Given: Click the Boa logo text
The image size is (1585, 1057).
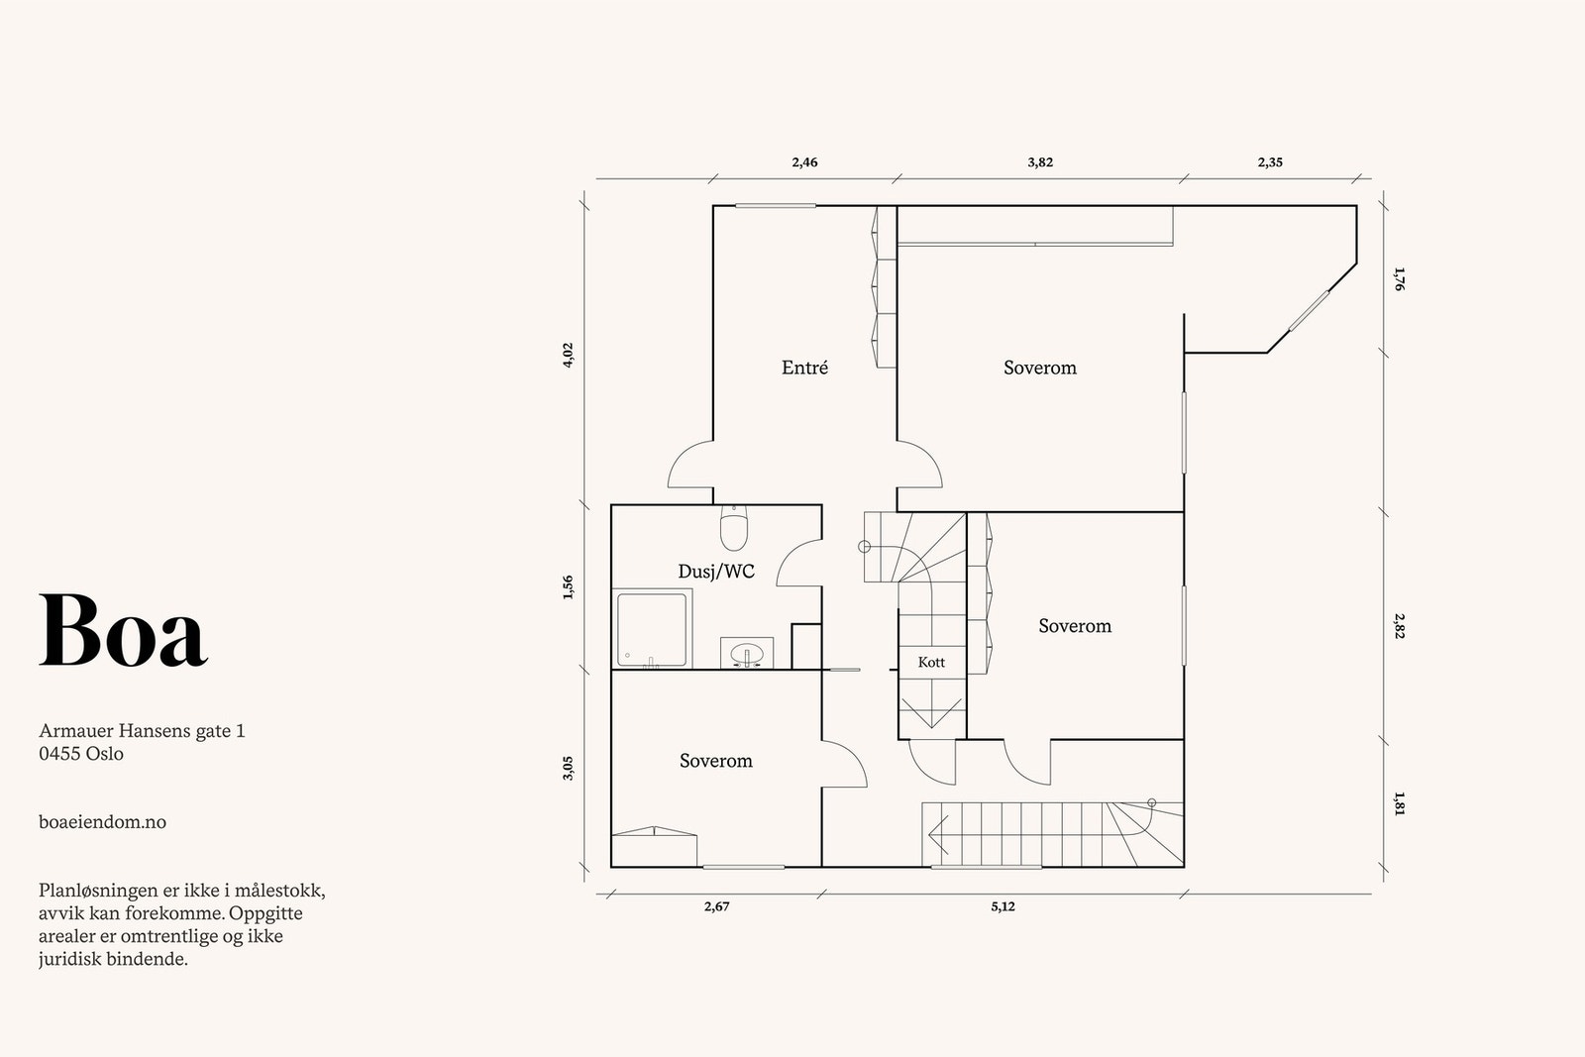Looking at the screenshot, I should [x=123, y=631].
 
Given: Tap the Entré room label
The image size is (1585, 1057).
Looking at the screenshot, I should [x=804, y=368].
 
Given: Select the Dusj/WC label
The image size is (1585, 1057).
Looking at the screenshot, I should [x=715, y=572].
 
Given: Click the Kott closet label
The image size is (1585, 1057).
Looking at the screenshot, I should [x=931, y=662].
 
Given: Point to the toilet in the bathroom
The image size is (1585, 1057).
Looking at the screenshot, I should [x=733, y=528].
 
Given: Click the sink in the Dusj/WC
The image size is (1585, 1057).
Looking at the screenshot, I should [x=745, y=654].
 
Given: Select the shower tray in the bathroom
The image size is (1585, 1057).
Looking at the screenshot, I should [x=652, y=628].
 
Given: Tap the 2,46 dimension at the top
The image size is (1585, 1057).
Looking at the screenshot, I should [x=804, y=162].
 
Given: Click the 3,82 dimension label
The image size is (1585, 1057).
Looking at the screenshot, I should [x=1039, y=162].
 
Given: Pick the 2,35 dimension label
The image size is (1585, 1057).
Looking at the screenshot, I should [x=1270, y=162].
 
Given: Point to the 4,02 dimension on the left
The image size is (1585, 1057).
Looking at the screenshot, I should [x=568, y=356].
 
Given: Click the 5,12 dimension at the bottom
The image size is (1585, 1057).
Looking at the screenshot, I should [x=1002, y=906].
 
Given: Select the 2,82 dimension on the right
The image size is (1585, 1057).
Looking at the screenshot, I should [x=1398, y=626].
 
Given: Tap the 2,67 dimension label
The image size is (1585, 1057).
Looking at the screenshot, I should [x=716, y=906].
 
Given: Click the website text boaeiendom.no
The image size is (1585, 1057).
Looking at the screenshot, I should [x=102, y=822].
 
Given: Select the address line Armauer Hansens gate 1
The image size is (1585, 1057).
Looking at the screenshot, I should [x=142, y=732].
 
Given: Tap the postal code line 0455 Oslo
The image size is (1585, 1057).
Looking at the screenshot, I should [x=81, y=754].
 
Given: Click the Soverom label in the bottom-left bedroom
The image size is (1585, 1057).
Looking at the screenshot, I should [x=715, y=761].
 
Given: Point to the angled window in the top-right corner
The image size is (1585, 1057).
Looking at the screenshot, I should [x=1309, y=311].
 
